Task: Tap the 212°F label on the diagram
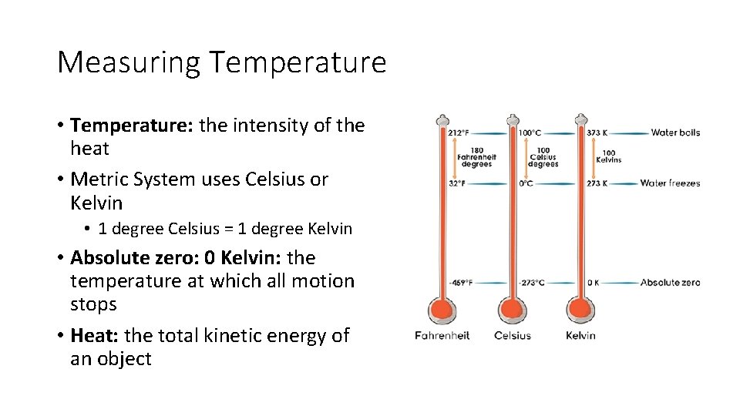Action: click(x=459, y=133)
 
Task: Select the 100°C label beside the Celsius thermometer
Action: click(x=530, y=133)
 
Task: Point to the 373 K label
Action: click(x=597, y=133)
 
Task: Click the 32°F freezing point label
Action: click(x=457, y=183)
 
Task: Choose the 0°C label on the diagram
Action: click(x=526, y=183)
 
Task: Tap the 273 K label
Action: click(x=597, y=183)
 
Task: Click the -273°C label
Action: click(x=532, y=283)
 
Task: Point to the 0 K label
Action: click(x=594, y=283)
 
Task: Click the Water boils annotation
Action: click(x=675, y=133)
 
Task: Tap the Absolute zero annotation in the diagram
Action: click(x=670, y=283)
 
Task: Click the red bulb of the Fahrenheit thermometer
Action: click(x=442, y=310)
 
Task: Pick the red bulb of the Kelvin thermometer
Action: click(x=580, y=310)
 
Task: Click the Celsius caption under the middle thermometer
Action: click(x=512, y=336)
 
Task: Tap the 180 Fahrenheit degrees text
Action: click(x=476, y=157)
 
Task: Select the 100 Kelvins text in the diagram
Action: click(x=609, y=156)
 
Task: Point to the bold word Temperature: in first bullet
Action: click(x=132, y=126)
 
